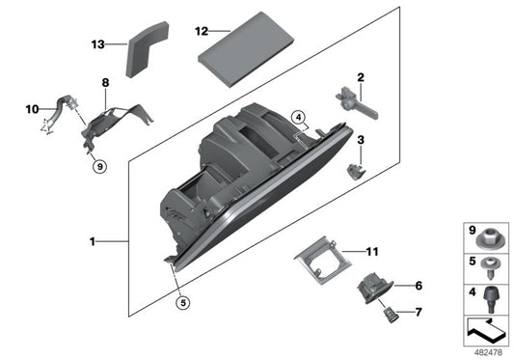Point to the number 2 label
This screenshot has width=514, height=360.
coord(360,77)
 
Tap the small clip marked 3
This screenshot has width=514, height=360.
coord(356,170)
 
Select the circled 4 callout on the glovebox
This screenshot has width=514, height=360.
coord(300,121)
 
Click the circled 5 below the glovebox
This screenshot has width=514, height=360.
coord(181,303)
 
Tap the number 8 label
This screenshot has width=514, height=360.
coord(104,84)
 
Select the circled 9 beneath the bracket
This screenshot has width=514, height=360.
coord(98,167)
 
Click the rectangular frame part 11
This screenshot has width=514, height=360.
coord(322,261)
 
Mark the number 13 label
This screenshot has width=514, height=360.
coord(97,44)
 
